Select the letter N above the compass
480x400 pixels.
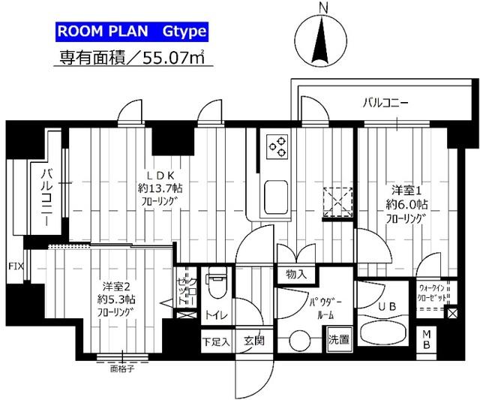[322, 8]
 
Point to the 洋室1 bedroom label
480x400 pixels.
[405, 191]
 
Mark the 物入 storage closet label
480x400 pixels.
[296, 275]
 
